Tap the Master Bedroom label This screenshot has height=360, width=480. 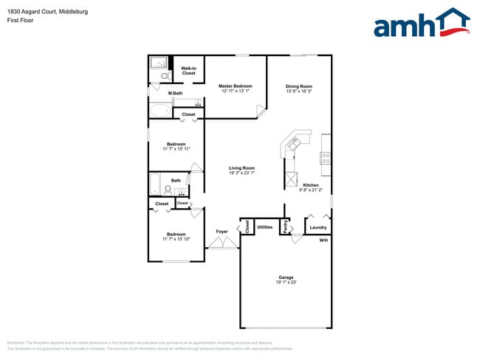(236, 86)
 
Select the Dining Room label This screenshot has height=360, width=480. (299, 86)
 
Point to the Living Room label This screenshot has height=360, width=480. (241, 168)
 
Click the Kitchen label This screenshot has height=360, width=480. (311, 184)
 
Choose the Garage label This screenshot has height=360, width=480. (286, 277)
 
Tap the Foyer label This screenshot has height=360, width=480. (222, 232)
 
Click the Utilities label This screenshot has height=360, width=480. (265, 227)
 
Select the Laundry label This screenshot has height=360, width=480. (318, 227)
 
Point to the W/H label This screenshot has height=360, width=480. (323, 241)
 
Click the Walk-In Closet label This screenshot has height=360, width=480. (188, 71)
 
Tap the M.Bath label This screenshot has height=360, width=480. (175, 93)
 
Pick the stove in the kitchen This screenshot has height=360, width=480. (325, 157)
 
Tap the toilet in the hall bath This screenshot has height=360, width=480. (168, 189)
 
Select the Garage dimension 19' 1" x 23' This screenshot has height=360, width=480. (286, 282)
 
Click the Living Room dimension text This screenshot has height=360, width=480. (241, 173)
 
